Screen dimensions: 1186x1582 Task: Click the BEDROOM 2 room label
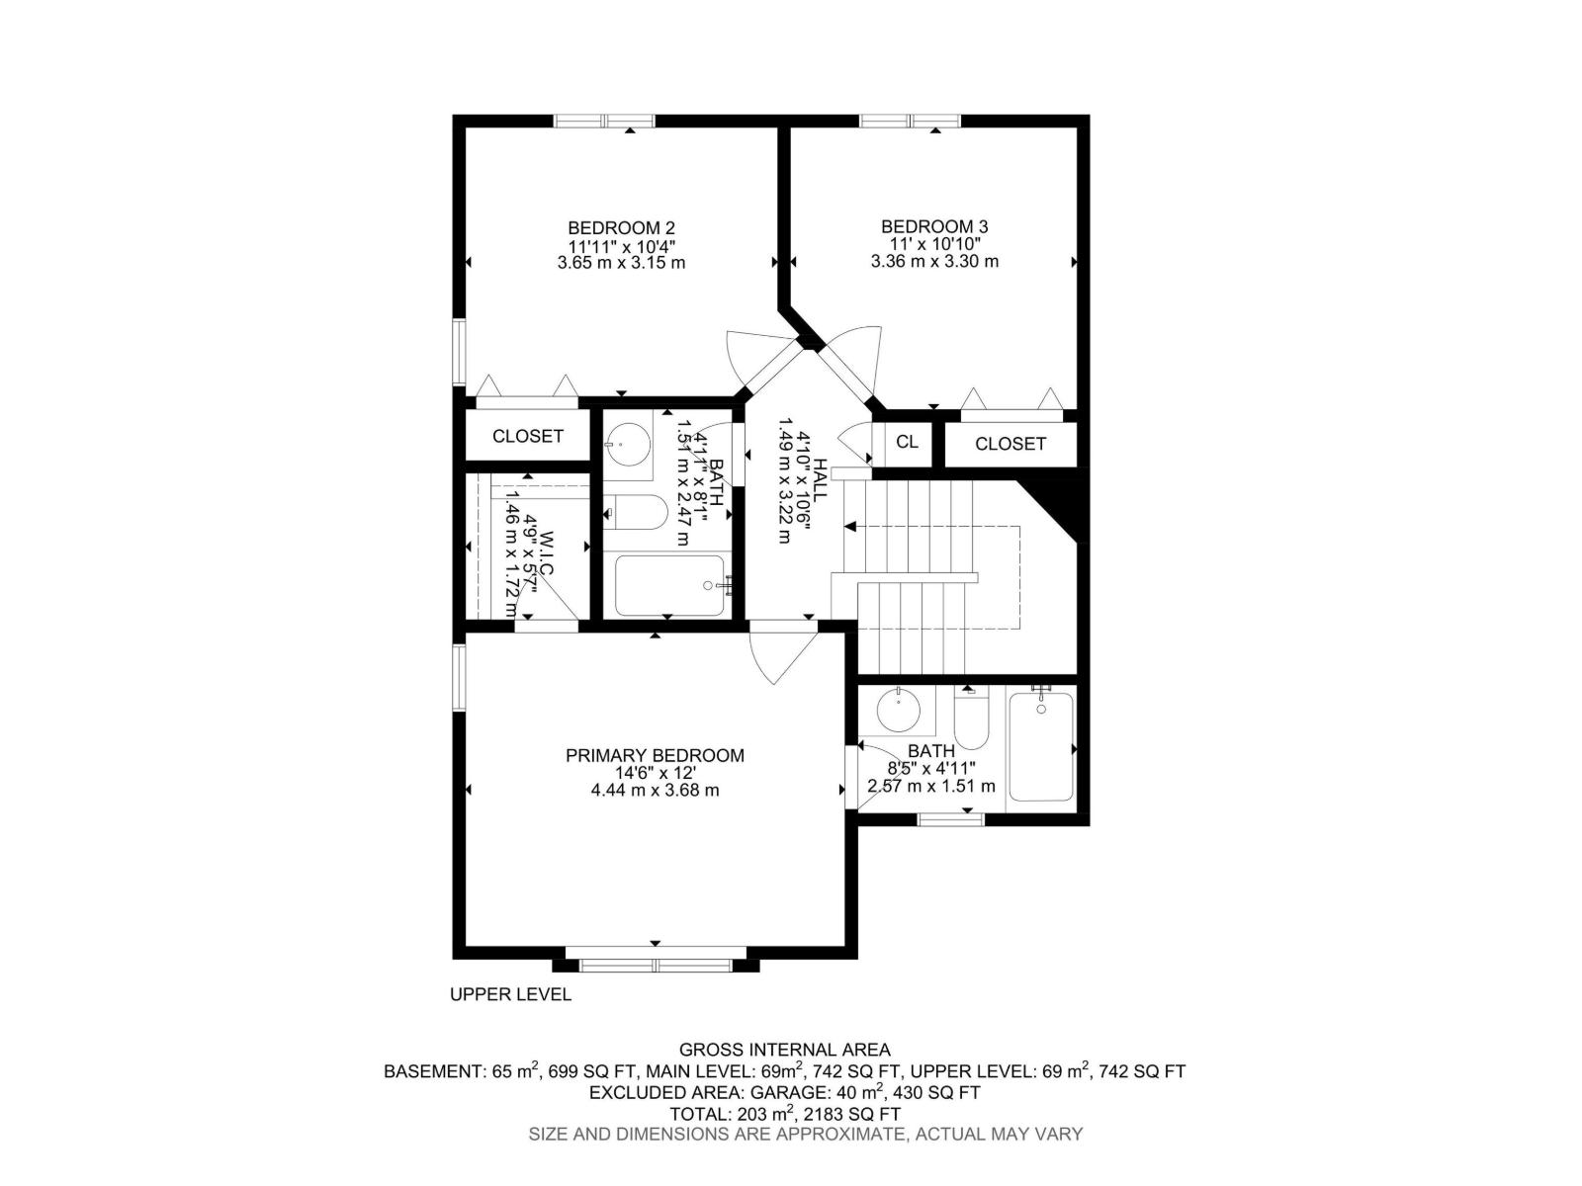[621, 227]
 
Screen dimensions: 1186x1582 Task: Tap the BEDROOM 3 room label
[934, 227]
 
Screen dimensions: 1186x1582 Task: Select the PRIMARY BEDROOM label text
[655, 755]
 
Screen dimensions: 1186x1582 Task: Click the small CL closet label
[907, 442]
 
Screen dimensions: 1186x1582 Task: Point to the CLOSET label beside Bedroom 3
[1010, 445]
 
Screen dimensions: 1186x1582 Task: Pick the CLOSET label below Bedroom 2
[528, 436]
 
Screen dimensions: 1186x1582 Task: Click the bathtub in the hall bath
[669, 585]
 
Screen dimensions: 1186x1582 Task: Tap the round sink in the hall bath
[625, 445]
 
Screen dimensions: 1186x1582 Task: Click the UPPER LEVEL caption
[510, 994]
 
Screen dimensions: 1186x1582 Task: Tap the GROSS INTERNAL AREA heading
[784, 1050]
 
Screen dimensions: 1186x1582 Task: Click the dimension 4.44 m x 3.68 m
[655, 791]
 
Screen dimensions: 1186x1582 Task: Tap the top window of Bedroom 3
[910, 122]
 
